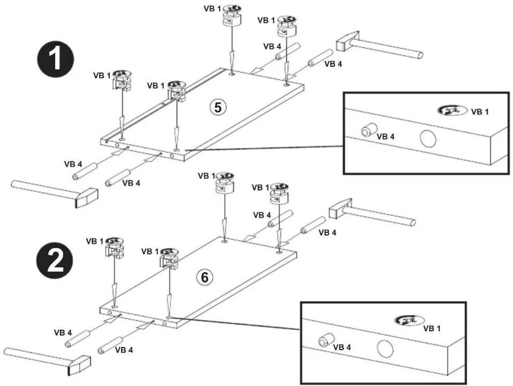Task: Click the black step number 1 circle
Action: coord(55,59)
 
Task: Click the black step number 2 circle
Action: coord(55,260)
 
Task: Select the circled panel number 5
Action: coord(218,107)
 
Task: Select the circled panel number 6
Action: coord(205,277)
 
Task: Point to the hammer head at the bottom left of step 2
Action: coord(79,366)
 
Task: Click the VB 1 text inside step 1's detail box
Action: coord(480,112)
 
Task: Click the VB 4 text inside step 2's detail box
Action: coord(342,347)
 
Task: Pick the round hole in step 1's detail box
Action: coord(428,138)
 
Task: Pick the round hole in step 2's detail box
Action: coord(385,348)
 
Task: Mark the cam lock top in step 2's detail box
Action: coord(409,320)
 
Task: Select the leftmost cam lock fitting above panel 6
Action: coord(115,248)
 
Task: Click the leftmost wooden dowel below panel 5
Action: coord(85,171)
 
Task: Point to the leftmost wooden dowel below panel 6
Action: coord(78,339)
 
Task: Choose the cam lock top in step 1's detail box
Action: coord(452,110)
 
